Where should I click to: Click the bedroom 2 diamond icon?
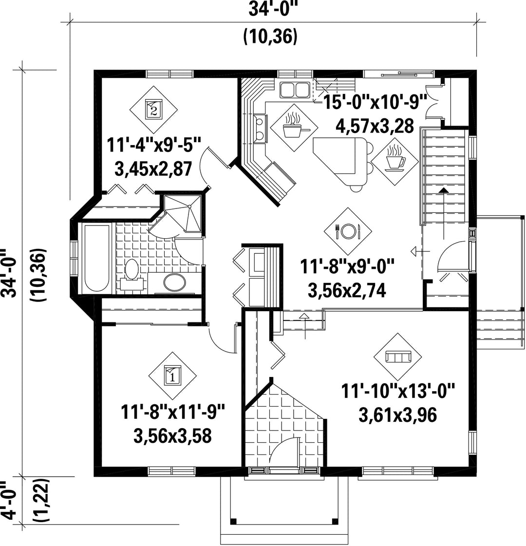153,110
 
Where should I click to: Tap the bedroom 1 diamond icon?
172,376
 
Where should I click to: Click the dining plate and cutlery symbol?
348,231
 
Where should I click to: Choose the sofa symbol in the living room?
397,357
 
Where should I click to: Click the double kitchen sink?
295,90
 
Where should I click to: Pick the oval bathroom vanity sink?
175,282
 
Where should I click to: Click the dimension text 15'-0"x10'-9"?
376,102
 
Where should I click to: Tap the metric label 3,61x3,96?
397,415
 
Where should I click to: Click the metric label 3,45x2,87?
153,169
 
